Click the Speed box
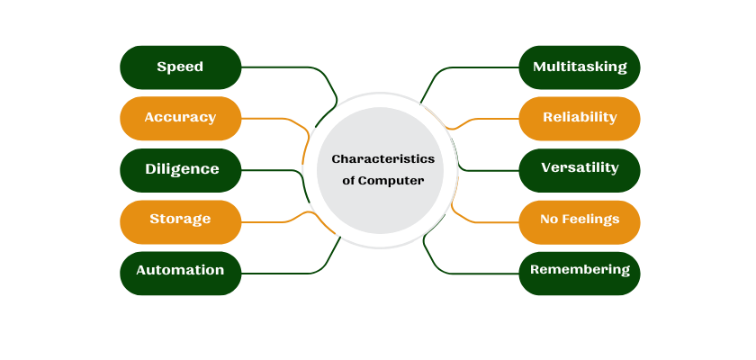[x=180, y=67]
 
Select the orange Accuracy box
[x=180, y=118]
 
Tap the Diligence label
[x=182, y=169]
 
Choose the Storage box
[x=180, y=220]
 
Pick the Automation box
[x=180, y=271]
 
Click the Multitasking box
[x=579, y=67]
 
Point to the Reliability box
[x=579, y=118]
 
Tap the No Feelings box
[x=579, y=220]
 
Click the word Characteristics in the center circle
[x=382, y=159]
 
